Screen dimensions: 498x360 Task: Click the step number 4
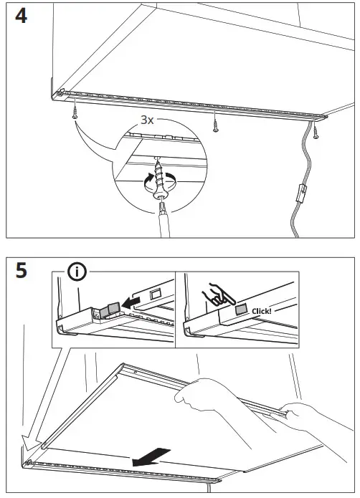point(21,16)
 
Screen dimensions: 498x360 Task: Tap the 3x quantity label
point(146,120)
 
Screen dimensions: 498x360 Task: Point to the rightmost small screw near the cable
point(316,131)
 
